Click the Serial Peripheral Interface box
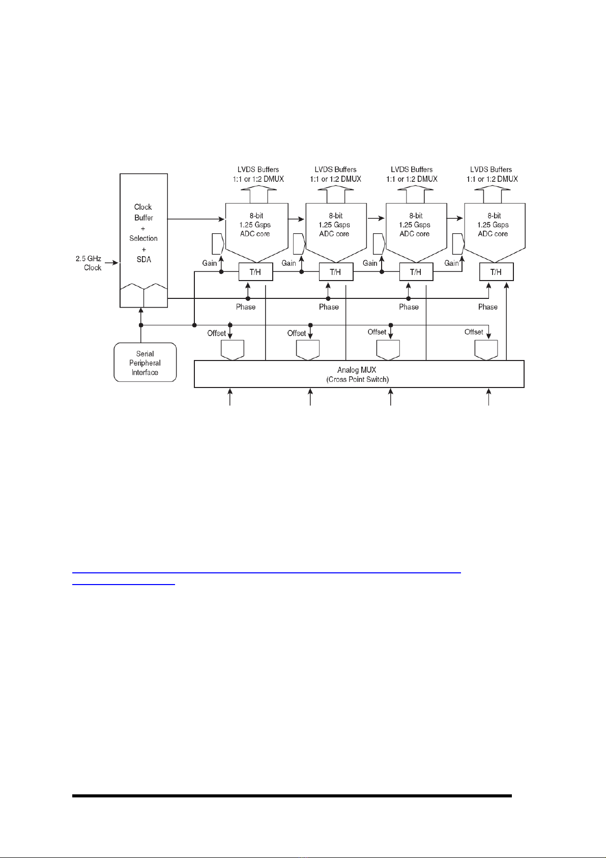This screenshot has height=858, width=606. tap(145, 363)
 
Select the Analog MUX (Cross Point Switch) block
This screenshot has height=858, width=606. tap(359, 374)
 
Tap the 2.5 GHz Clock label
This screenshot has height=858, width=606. tap(89, 263)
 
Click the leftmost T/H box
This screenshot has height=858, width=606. tap(255, 272)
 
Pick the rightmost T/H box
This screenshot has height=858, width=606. tap(496, 272)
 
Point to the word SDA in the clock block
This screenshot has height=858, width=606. tap(144, 260)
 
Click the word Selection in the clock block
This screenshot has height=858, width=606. tap(143, 238)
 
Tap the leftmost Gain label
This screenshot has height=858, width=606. tap(210, 263)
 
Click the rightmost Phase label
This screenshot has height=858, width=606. tap(488, 307)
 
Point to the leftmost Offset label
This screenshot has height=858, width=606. tap(217, 333)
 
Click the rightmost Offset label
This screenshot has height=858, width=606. tap(474, 331)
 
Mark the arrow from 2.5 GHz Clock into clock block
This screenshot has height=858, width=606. tap(111, 263)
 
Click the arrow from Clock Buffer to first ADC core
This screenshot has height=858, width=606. tap(196, 219)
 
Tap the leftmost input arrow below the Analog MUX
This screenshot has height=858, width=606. tap(229, 397)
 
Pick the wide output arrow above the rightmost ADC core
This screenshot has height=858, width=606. tap(493, 194)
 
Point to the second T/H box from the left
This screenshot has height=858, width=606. tap(336, 272)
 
